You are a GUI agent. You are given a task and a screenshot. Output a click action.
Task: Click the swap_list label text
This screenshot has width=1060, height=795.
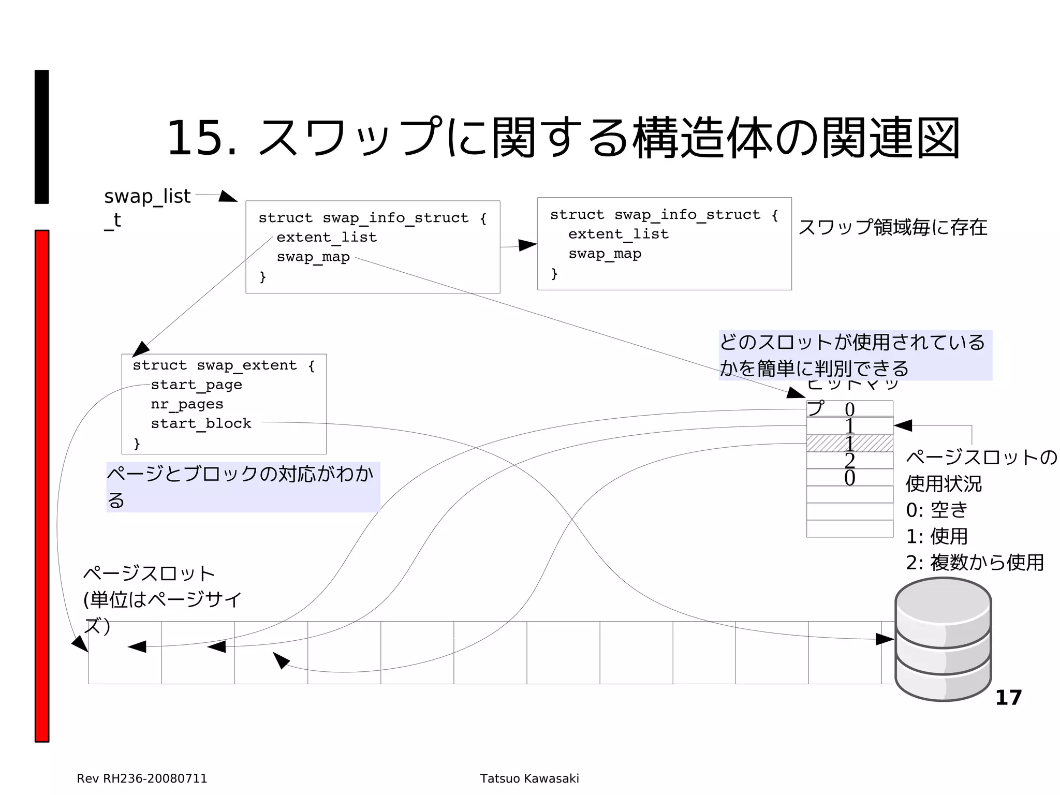coord(147,197)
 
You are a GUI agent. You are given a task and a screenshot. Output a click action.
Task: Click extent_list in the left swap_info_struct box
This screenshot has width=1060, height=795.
coord(326,238)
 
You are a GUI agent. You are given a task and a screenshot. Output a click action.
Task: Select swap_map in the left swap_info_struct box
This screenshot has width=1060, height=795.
coord(313,257)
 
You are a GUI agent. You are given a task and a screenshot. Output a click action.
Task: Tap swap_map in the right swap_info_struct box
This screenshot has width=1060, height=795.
coord(605,254)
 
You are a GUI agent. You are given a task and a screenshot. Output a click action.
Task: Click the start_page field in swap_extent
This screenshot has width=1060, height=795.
coord(196,385)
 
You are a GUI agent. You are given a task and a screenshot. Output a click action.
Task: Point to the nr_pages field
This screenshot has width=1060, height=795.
coord(187,405)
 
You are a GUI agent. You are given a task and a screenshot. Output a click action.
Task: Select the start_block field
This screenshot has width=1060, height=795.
coord(201,424)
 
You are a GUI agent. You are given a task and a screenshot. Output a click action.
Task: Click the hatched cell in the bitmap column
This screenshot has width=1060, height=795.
coord(849,443)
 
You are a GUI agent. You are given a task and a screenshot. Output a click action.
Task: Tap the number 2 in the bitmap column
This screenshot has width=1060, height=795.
coord(849,461)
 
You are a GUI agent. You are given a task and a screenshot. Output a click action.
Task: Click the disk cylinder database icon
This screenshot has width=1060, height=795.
coord(943,639)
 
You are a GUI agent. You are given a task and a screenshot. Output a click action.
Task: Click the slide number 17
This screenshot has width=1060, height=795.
coord(1008,698)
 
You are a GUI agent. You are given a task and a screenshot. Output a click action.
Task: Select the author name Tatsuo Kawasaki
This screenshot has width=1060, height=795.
coord(529,778)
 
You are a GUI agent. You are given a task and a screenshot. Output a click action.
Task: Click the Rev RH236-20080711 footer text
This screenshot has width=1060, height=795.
coord(142,778)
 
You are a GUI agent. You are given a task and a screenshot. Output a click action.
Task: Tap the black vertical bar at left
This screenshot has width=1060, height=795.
coord(42,137)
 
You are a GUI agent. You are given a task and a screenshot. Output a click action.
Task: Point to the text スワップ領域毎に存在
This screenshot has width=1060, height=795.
coord(892,228)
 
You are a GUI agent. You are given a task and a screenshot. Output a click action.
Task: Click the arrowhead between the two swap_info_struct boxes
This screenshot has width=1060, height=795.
coord(527,245)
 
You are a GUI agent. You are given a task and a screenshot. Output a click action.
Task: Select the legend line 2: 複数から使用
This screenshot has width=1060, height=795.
coord(975,563)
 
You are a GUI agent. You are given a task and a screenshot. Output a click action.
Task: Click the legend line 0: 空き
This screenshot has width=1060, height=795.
coord(936,510)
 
